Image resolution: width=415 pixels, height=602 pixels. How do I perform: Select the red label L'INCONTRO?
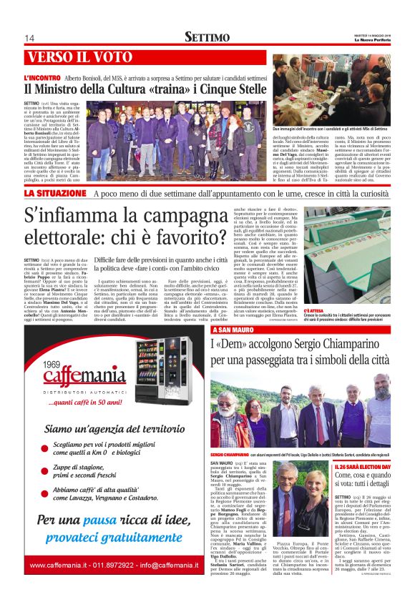tap(41, 77)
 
